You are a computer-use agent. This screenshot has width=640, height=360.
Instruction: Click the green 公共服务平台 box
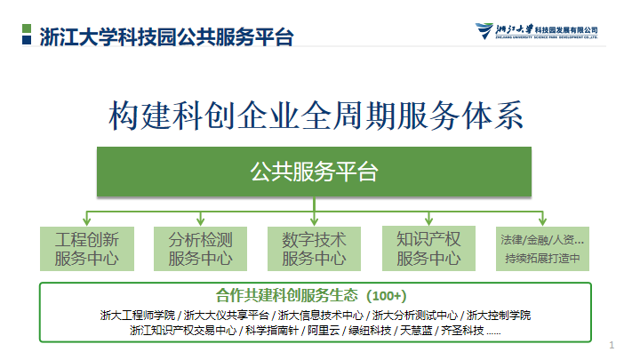pos(314,172)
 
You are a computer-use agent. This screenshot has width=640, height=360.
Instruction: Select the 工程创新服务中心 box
pos(87,249)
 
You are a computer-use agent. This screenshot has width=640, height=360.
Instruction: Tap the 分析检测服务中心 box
pos(200,249)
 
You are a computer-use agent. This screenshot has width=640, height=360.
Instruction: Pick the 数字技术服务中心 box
pos(314,249)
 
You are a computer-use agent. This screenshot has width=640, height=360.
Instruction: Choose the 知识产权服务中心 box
pos(428,248)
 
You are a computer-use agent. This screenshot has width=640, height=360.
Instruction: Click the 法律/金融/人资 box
pos(542,249)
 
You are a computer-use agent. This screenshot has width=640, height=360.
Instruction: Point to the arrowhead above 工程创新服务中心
pos(86,220)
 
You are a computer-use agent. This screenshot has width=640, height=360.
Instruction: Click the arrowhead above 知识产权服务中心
pos(428,220)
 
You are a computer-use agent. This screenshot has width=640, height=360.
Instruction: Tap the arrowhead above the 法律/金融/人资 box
pos(542,220)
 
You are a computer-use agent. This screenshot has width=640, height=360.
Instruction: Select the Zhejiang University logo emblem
pos(484,30)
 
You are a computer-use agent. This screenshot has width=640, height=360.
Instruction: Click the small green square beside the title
pos(27,28)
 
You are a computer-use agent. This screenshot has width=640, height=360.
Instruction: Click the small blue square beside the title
pos(27,40)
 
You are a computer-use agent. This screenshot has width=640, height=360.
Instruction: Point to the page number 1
pos(612,345)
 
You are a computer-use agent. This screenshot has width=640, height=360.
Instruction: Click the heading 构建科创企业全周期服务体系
pos(316,116)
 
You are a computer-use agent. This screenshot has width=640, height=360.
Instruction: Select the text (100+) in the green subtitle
pos(386,295)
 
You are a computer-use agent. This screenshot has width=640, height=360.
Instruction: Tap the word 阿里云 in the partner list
pos(324,330)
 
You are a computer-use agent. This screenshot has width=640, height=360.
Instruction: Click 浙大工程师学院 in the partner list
pos(138,315)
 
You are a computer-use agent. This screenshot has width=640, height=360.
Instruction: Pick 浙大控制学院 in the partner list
pos(499,315)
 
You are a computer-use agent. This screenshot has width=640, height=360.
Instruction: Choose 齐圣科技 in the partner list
pos(462,330)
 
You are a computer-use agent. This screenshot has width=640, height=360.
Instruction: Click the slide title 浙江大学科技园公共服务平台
pos(166,36)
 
